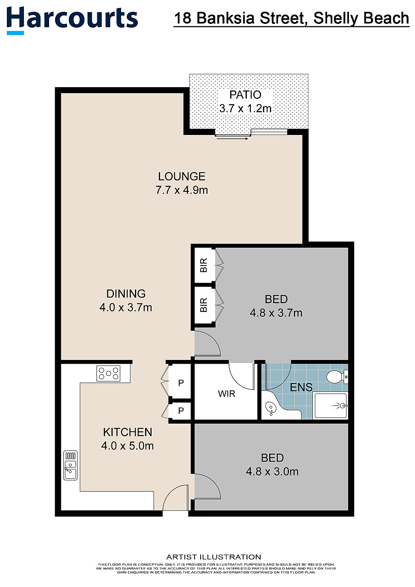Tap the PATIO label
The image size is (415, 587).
click(x=245, y=95)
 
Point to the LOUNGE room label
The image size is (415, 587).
click(x=182, y=176)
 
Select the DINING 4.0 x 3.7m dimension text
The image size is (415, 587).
click(x=126, y=307)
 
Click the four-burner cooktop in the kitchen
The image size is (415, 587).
click(x=108, y=373)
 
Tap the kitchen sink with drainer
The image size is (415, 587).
click(x=71, y=465)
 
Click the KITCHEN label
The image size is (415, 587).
click(x=128, y=432)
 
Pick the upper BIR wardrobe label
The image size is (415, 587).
click(x=203, y=265)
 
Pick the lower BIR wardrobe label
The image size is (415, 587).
click(x=203, y=305)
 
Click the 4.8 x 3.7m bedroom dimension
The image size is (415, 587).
click(x=276, y=313)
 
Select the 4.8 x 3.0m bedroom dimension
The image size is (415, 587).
click(x=272, y=471)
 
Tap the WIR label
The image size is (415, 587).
click(x=227, y=394)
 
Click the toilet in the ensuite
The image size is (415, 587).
click(x=337, y=377)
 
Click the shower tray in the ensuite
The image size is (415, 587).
click(x=331, y=406)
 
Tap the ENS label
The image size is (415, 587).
click(x=301, y=387)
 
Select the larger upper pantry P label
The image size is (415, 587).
click(x=181, y=383)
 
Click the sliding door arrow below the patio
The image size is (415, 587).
click(x=232, y=139)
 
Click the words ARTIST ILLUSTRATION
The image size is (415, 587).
click(x=214, y=557)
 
